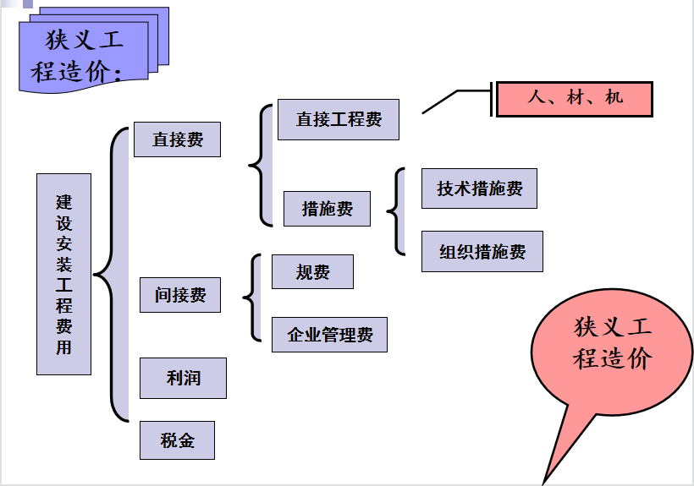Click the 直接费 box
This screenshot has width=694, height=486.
point(177,139)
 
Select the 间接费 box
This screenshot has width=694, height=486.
point(179,295)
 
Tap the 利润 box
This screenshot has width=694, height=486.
point(183,378)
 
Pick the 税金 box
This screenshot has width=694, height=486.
point(177,440)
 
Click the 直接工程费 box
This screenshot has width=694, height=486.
point(338,119)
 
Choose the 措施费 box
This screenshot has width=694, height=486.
point(327,208)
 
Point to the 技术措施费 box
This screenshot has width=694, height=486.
point(479,188)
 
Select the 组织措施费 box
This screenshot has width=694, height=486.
point(482,251)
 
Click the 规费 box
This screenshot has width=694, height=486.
point(312,271)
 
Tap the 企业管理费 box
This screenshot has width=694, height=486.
point(329,335)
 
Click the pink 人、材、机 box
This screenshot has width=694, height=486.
point(575,98)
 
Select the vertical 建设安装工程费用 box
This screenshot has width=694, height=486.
point(63,274)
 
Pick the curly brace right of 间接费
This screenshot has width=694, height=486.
point(252,297)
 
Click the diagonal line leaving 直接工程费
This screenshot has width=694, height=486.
point(440,101)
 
